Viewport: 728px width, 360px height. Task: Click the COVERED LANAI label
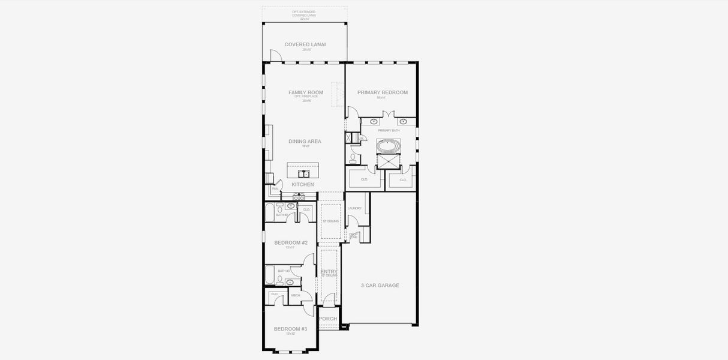tap(305, 44)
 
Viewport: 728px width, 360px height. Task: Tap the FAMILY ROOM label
tap(306, 92)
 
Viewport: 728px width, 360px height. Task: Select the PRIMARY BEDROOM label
tap(383, 92)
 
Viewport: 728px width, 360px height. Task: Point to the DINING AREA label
tap(305, 142)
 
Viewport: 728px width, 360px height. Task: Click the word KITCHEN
tap(303, 185)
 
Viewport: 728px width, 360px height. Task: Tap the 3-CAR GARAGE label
tap(380, 286)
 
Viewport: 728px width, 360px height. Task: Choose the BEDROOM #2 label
tap(291, 242)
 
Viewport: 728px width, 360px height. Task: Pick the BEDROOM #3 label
tap(291, 329)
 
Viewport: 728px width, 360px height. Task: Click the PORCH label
tap(328, 319)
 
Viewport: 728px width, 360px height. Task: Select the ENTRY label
tap(329, 272)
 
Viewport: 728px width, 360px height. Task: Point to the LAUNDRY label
tap(354, 208)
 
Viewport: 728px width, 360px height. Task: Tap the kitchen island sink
tap(302, 174)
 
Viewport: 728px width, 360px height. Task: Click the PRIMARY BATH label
tap(389, 130)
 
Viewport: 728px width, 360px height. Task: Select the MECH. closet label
tap(296, 295)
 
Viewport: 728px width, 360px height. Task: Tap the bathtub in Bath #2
tap(270, 212)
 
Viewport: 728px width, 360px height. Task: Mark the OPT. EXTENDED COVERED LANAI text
tap(304, 14)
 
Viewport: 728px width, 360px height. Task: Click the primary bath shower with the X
tap(388, 163)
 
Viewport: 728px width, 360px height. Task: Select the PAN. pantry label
tap(275, 189)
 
